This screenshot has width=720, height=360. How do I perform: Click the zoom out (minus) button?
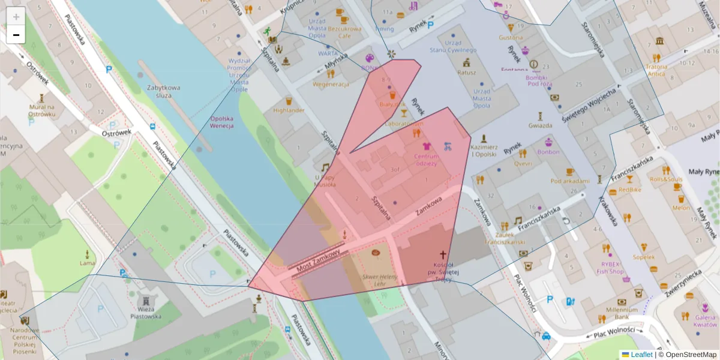point(16,35)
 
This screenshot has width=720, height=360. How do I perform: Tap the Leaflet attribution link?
point(641,355)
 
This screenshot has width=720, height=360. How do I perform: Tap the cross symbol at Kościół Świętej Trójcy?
point(443,255)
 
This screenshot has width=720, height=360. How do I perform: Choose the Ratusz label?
point(466,73)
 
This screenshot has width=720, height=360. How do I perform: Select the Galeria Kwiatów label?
point(705,320)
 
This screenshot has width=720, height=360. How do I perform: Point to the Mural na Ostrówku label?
point(41,110)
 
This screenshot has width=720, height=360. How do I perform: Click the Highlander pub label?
point(289,110)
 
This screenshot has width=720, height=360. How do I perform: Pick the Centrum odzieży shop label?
point(425,160)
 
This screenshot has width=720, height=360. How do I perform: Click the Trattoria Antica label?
point(656,70)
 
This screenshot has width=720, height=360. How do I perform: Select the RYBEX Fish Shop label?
point(610,268)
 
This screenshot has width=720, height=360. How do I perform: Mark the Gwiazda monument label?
point(540,125)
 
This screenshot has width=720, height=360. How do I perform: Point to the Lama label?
point(88,263)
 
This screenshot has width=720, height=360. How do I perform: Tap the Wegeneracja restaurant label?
point(330,84)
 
